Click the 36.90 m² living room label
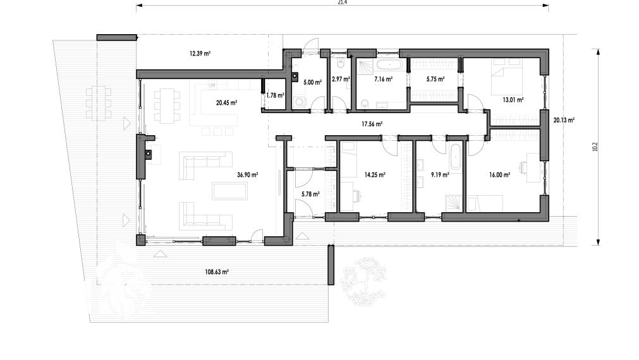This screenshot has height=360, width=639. [x=247, y=175]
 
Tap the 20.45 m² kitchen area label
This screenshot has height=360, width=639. [x=226, y=102]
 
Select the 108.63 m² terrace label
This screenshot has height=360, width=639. [x=216, y=272]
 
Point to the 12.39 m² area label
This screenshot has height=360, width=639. [x=200, y=53]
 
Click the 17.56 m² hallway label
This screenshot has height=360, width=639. [x=372, y=124]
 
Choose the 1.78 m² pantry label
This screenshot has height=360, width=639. [x=275, y=95]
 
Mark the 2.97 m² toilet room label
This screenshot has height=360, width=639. [x=341, y=79]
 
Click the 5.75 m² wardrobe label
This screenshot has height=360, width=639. [x=435, y=79]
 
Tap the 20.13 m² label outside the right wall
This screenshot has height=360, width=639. [x=564, y=120]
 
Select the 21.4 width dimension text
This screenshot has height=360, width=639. [x=343, y=2]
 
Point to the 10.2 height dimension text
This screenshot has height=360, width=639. [x=595, y=147]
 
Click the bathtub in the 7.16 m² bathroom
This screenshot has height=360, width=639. [x=389, y=64]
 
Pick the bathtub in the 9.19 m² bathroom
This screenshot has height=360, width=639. [x=456, y=156]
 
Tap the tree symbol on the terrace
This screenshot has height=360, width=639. [x=364, y=282]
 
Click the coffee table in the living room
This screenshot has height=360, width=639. [x=230, y=191]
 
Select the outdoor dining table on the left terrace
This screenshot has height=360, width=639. [x=99, y=103]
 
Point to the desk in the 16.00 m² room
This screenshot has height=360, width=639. [x=533, y=167]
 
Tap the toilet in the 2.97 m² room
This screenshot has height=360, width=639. [x=341, y=63]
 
